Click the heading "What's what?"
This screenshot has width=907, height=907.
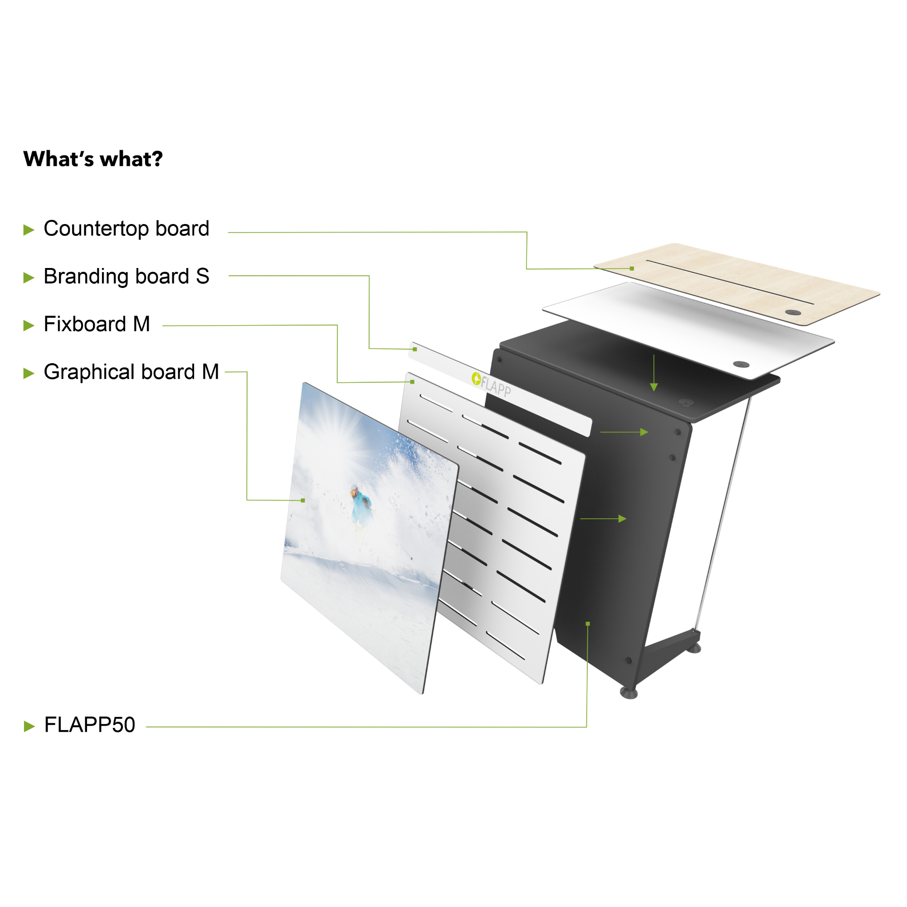point(93,159)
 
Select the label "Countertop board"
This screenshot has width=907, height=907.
point(126,229)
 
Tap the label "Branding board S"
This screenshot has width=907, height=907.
point(126,277)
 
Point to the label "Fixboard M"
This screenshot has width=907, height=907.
point(97,324)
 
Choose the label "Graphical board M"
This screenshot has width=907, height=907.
point(132,372)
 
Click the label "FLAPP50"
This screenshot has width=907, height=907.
point(90,725)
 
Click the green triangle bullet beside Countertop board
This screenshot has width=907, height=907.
point(29,230)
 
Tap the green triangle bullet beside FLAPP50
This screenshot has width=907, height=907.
point(29,726)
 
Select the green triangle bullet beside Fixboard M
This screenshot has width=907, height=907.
point(29,325)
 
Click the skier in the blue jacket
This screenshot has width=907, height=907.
point(361,507)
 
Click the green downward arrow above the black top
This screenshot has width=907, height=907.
point(654,373)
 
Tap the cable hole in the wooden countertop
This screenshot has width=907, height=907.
point(793,312)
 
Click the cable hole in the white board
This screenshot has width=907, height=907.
point(741,364)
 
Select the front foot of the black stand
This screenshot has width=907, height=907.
point(629,693)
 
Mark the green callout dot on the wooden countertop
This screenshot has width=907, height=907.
point(632,268)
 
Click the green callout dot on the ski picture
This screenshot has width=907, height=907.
point(303,501)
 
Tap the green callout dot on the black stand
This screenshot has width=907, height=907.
point(587,624)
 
